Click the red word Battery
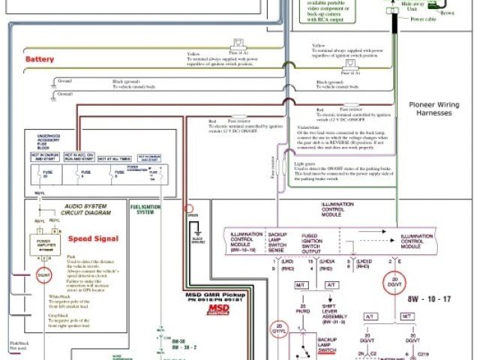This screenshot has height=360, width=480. point(39,58)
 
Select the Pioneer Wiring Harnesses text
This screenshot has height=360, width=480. point(443,109)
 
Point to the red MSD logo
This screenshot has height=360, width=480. point(198,308)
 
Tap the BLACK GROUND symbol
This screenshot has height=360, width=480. point(199,242)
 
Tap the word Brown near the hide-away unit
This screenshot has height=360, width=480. point(447,13)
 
